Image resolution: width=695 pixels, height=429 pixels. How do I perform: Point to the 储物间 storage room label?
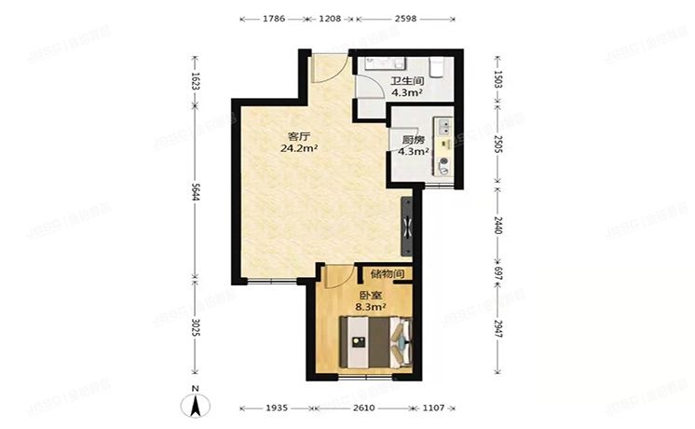[387, 274]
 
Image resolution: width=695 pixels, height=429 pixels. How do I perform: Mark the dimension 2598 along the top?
[405, 18]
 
